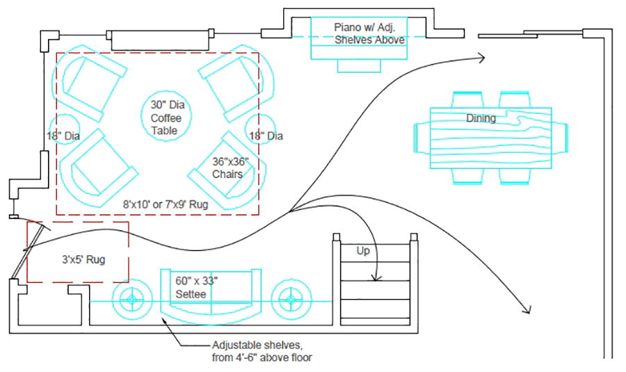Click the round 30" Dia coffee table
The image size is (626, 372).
[166, 116]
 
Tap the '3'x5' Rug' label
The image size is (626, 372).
[83, 259]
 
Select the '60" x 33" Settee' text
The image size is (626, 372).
[196, 287]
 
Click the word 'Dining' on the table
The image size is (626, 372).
[481, 118]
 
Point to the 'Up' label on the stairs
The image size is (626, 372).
[363, 250]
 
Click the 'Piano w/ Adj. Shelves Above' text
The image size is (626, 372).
[369, 33]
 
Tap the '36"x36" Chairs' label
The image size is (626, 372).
[230, 168]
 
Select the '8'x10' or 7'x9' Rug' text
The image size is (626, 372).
[166, 204]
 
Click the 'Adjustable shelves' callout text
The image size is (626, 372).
[262, 351]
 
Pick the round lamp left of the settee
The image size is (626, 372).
[132, 300]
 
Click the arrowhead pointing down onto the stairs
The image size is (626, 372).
[376, 278]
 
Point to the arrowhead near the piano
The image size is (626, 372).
[482, 58]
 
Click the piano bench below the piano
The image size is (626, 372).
[359, 66]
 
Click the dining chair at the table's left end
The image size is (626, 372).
[422, 138]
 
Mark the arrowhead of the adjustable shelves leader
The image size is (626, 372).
[163, 319]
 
